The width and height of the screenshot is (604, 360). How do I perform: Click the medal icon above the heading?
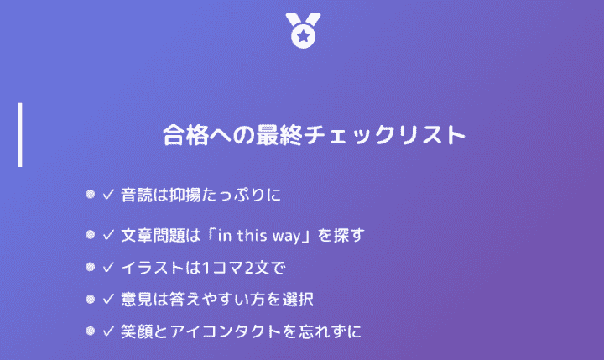303,31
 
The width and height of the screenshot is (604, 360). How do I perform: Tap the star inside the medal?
304,37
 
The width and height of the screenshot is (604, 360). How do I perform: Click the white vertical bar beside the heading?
20,135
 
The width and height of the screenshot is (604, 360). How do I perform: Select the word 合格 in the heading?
186,135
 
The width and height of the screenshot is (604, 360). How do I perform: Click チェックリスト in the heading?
384,135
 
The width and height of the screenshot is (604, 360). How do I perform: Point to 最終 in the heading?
279,135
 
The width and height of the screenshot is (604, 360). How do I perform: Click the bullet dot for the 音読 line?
90,194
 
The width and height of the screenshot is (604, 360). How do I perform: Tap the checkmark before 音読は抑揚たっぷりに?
108,194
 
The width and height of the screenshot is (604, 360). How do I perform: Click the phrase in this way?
259,236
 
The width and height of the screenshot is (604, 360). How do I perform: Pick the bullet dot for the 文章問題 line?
90,234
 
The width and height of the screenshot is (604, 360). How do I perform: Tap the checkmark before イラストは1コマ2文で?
108,267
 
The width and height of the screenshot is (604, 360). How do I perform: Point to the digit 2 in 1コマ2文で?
248,268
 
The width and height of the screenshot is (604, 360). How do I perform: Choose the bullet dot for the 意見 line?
90,299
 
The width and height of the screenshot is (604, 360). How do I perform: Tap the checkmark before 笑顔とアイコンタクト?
108,331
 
